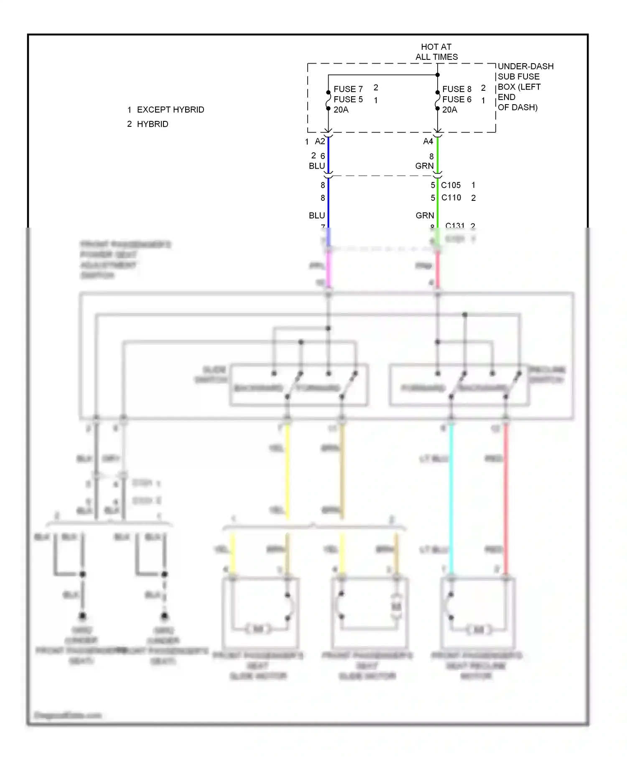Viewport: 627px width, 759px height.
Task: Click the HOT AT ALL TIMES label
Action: coord(436,52)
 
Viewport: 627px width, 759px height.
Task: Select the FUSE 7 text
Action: coord(348,89)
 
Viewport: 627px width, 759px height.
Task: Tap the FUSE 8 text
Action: coord(456,89)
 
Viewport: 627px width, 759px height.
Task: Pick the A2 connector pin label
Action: coord(320,141)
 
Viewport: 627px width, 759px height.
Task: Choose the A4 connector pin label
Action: coord(428,141)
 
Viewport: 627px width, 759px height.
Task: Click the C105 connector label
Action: coord(451,185)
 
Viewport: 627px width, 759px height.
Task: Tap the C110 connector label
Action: coord(451,197)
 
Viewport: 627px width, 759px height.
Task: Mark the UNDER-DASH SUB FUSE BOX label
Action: coord(525,87)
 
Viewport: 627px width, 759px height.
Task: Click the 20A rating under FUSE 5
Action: coord(341,110)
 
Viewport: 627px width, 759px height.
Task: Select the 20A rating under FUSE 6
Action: coord(450,110)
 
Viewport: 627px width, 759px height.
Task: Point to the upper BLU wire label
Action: coord(317,166)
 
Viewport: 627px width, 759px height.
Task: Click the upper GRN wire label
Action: coord(424,166)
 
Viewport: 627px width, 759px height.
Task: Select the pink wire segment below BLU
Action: coord(329,268)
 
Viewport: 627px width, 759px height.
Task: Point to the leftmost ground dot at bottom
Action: coord(83,615)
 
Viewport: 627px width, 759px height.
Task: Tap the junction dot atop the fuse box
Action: coord(438,75)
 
